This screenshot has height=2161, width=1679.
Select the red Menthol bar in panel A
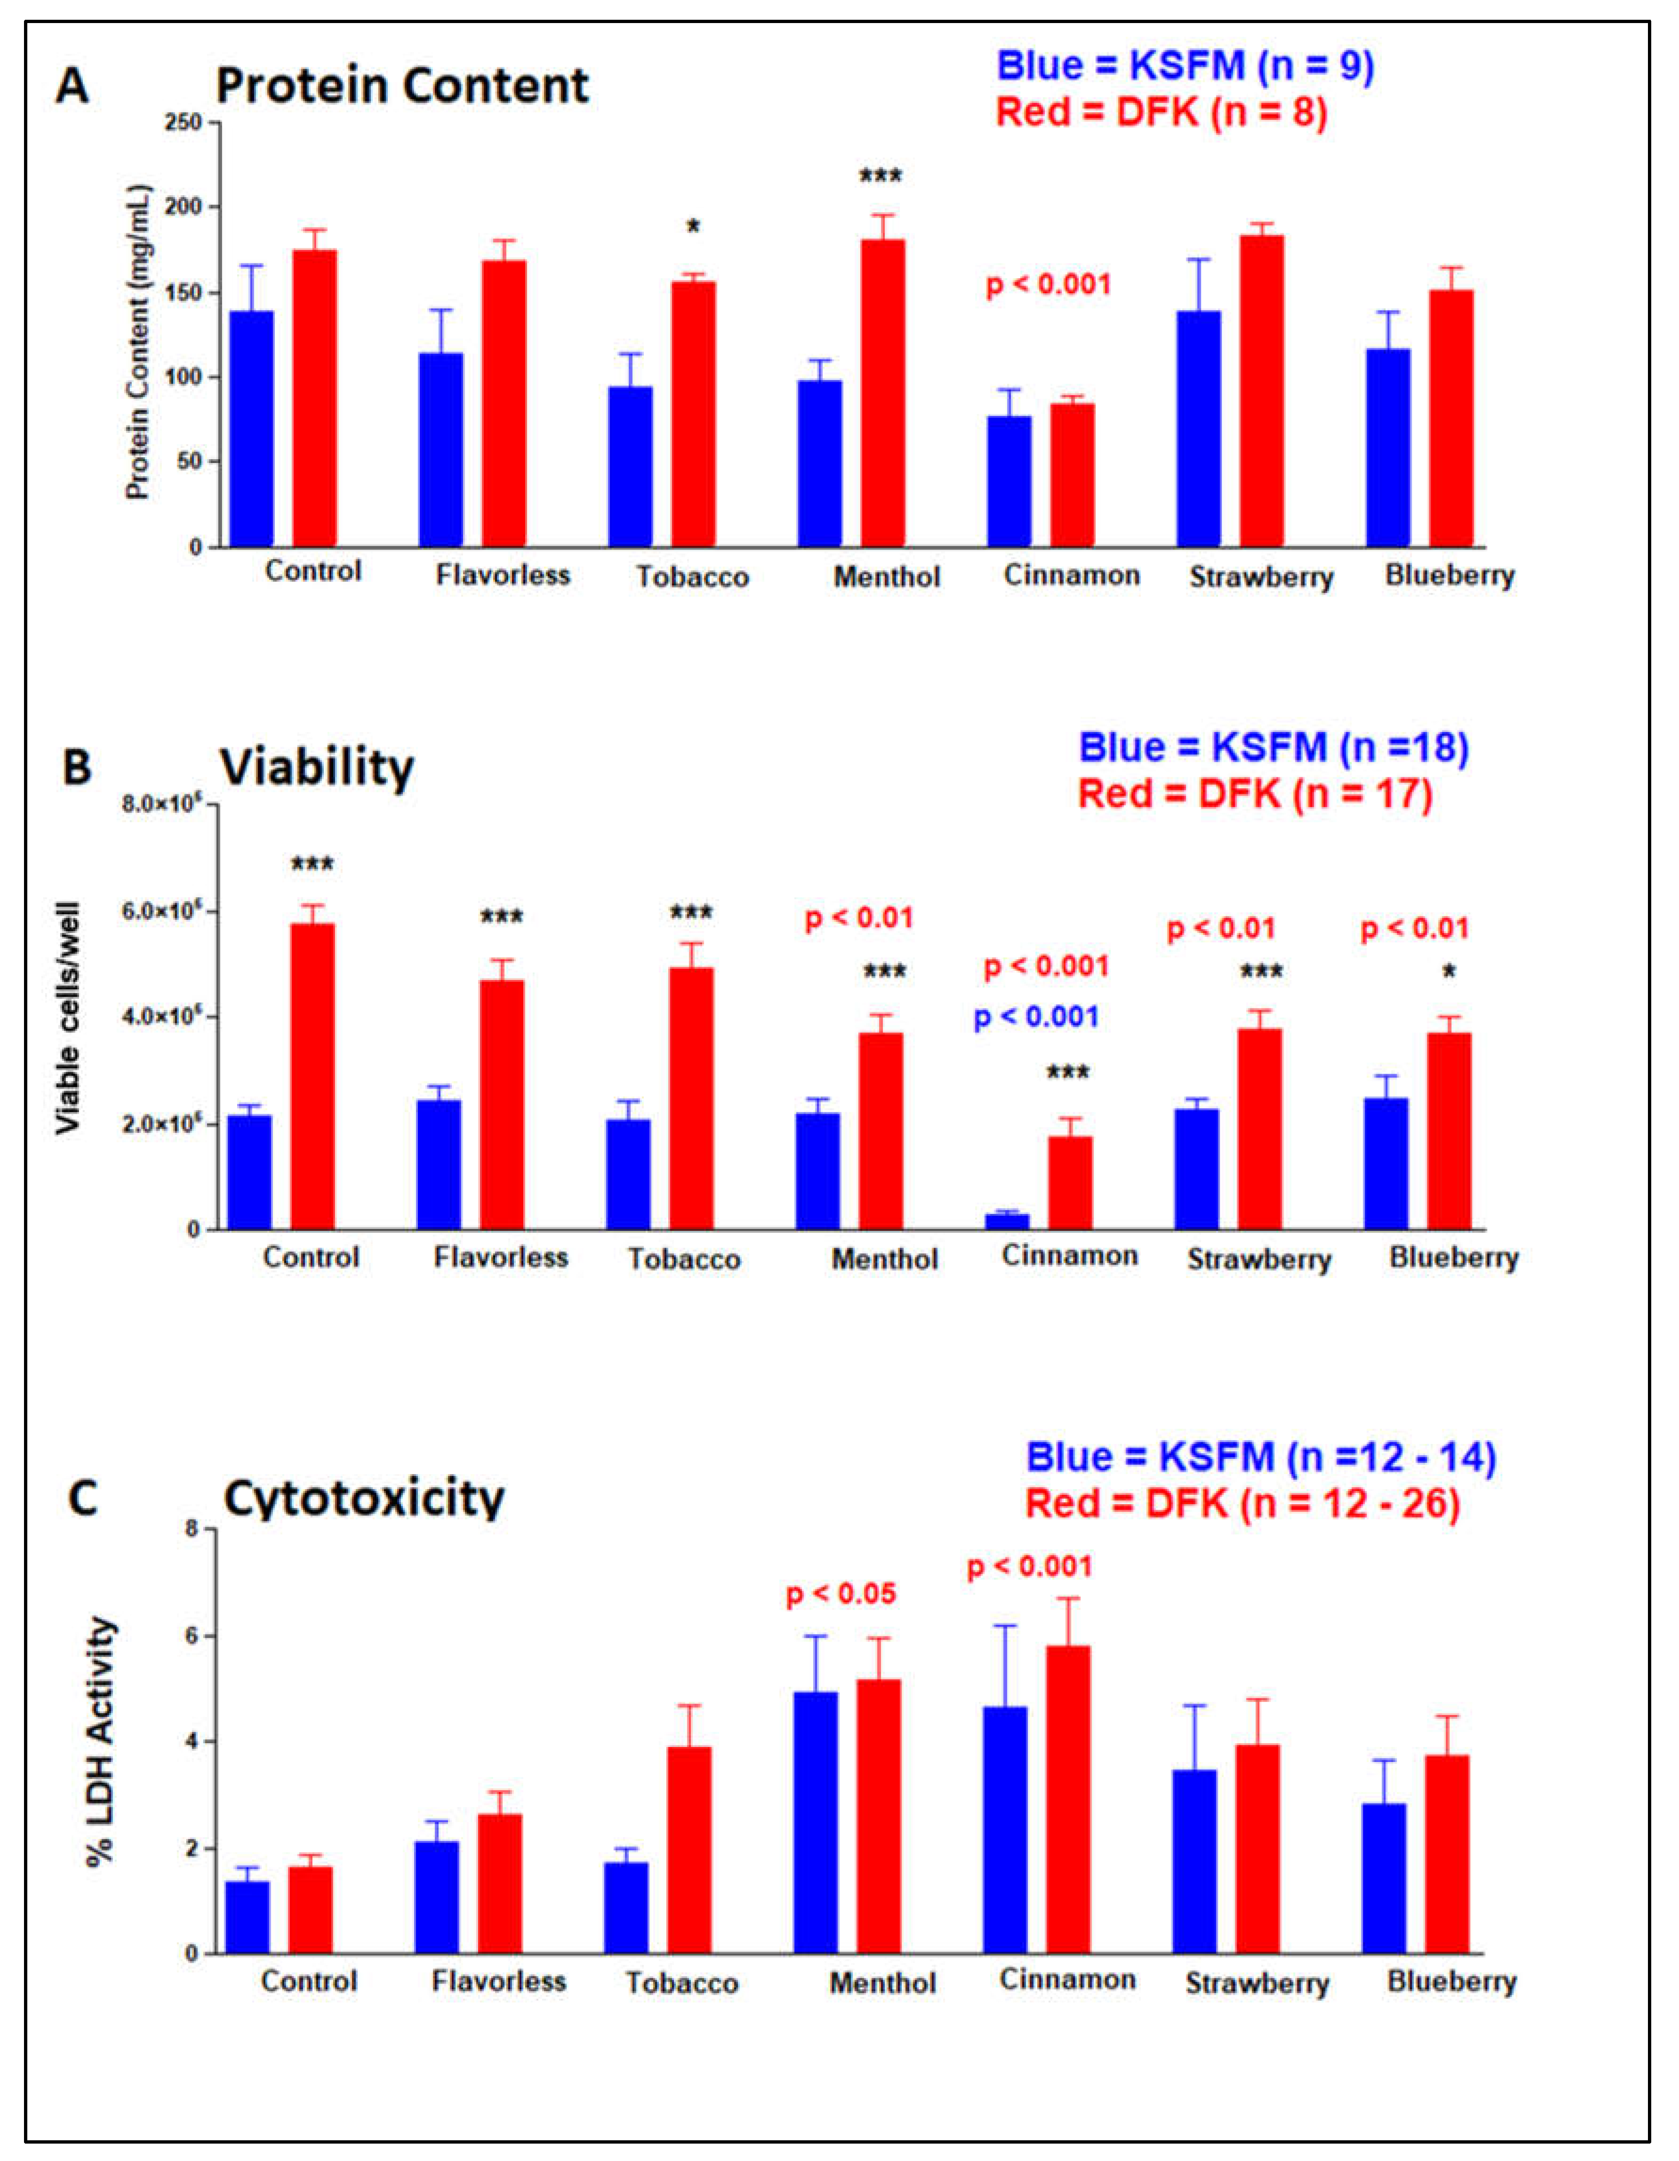point(882,393)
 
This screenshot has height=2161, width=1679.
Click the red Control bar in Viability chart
point(312,1077)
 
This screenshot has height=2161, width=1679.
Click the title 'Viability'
point(317,768)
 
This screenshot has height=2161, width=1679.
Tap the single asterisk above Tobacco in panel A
point(694,228)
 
